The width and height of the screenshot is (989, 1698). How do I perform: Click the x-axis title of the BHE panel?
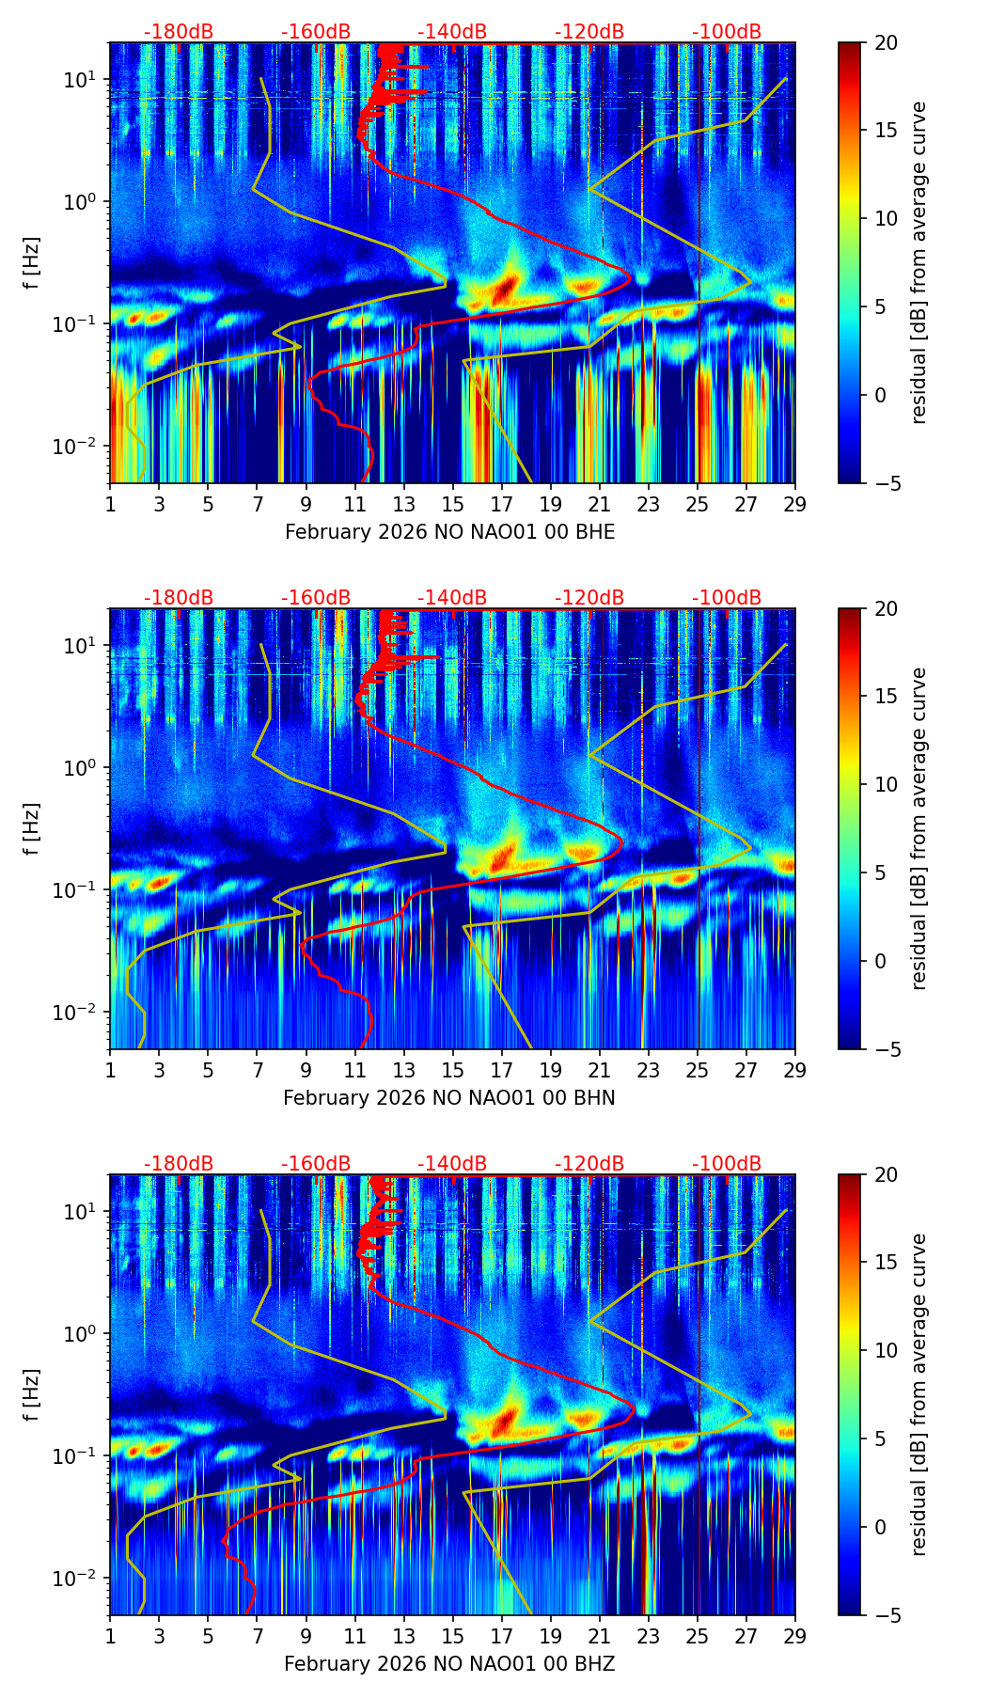(449, 532)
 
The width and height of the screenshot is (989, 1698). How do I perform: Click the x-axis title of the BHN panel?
(449, 1098)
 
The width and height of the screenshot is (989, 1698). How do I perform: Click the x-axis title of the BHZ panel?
(449, 1664)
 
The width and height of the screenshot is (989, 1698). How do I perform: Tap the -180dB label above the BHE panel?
(179, 32)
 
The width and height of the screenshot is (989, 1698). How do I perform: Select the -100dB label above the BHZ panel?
(727, 1164)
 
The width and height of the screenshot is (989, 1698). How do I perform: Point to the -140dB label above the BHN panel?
(452, 598)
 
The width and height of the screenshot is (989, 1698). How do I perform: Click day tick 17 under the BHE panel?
(502, 503)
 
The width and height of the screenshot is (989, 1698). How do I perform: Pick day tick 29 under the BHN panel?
(795, 1069)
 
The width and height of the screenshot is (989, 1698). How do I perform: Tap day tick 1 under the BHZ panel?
(111, 1635)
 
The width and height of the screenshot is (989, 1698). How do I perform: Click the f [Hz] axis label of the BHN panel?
(33, 828)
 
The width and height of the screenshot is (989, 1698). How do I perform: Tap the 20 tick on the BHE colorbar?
(887, 42)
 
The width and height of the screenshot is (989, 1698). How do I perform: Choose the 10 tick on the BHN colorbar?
(887, 784)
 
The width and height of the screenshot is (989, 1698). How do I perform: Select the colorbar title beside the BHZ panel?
(918, 1394)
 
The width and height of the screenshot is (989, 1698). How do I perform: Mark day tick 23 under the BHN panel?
(649, 1069)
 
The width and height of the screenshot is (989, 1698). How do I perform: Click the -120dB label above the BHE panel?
(589, 32)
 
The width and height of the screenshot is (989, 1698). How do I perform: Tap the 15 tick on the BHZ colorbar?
(887, 1263)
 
